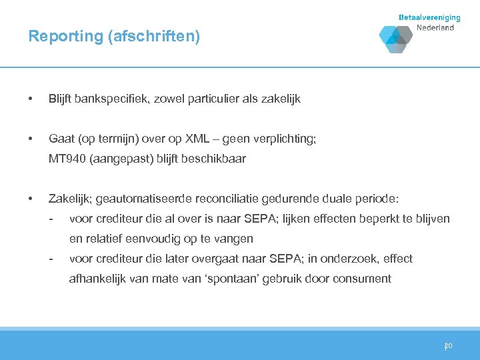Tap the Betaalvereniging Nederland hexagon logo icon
click(x=396, y=39)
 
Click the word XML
click(x=199, y=139)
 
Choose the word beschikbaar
click(x=213, y=159)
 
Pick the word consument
click(x=363, y=279)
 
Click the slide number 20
click(x=449, y=346)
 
